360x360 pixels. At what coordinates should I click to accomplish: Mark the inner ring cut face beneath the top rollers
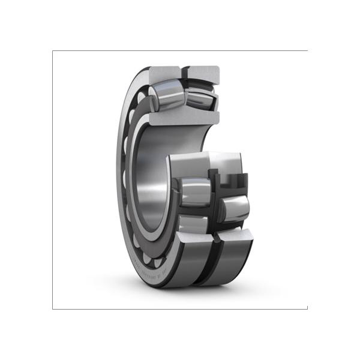coord(180,118)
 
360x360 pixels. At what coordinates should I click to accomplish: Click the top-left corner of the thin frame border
coord(53,51)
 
